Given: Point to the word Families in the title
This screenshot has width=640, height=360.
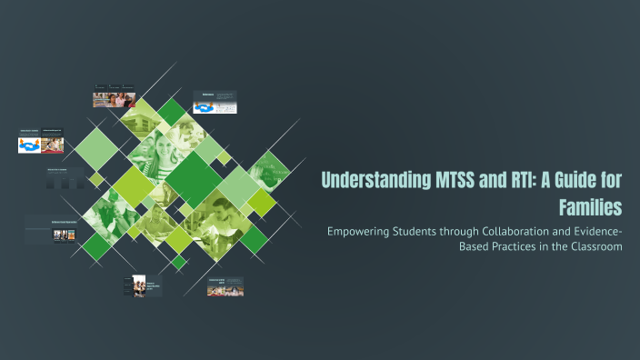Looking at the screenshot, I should click(590, 206).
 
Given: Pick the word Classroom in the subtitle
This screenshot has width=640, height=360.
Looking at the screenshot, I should click(593, 247).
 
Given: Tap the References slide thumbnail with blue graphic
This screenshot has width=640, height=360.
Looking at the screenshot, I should click(215, 102).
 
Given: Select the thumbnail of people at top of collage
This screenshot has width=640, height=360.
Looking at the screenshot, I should click(115, 98).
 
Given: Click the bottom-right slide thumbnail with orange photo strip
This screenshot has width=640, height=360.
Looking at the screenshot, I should click(225, 287).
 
